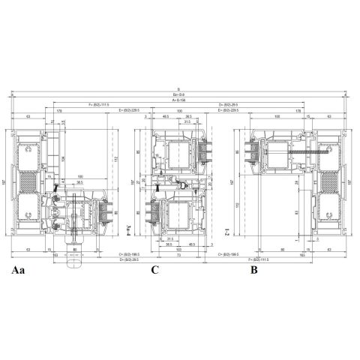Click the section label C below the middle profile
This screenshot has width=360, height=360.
tap(154, 268)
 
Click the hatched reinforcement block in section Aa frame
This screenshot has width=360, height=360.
tap(28, 182)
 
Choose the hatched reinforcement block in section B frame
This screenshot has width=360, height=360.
tap(331, 182)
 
